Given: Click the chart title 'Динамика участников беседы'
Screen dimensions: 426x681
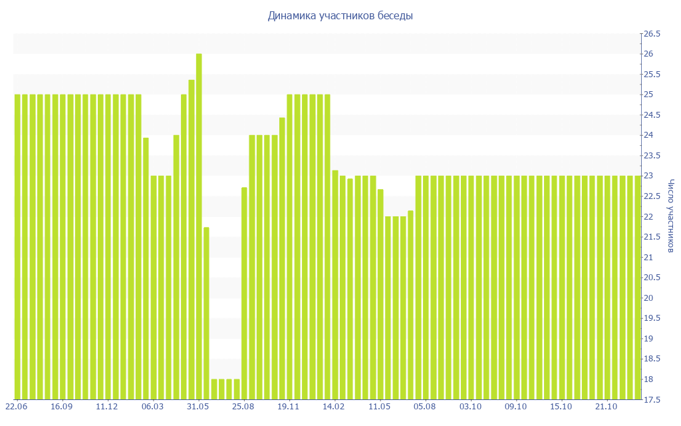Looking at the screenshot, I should click(340, 15).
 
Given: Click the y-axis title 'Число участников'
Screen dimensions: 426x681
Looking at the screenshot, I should click(670, 216).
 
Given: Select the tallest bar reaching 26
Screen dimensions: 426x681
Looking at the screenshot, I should click(199, 226).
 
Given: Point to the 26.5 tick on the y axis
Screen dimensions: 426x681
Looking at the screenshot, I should click(651, 34).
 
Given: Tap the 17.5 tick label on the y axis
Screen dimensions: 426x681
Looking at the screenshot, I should click(651, 399).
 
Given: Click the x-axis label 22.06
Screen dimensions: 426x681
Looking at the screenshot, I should click(16, 407).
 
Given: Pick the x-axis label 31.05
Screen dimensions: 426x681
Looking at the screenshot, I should click(198, 407).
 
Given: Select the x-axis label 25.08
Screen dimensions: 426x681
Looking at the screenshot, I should click(243, 407).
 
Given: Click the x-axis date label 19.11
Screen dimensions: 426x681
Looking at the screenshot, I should click(289, 407).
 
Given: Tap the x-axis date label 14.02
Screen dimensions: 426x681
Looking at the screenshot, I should click(334, 407).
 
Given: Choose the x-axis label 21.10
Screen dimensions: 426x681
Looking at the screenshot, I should click(607, 407).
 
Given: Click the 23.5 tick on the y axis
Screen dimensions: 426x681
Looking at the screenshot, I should click(651, 156).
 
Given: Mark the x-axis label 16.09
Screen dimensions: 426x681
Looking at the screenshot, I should click(61, 407).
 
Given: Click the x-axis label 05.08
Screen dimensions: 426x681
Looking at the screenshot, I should click(425, 407).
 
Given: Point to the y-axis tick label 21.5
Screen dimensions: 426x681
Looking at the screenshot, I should click(651, 237).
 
